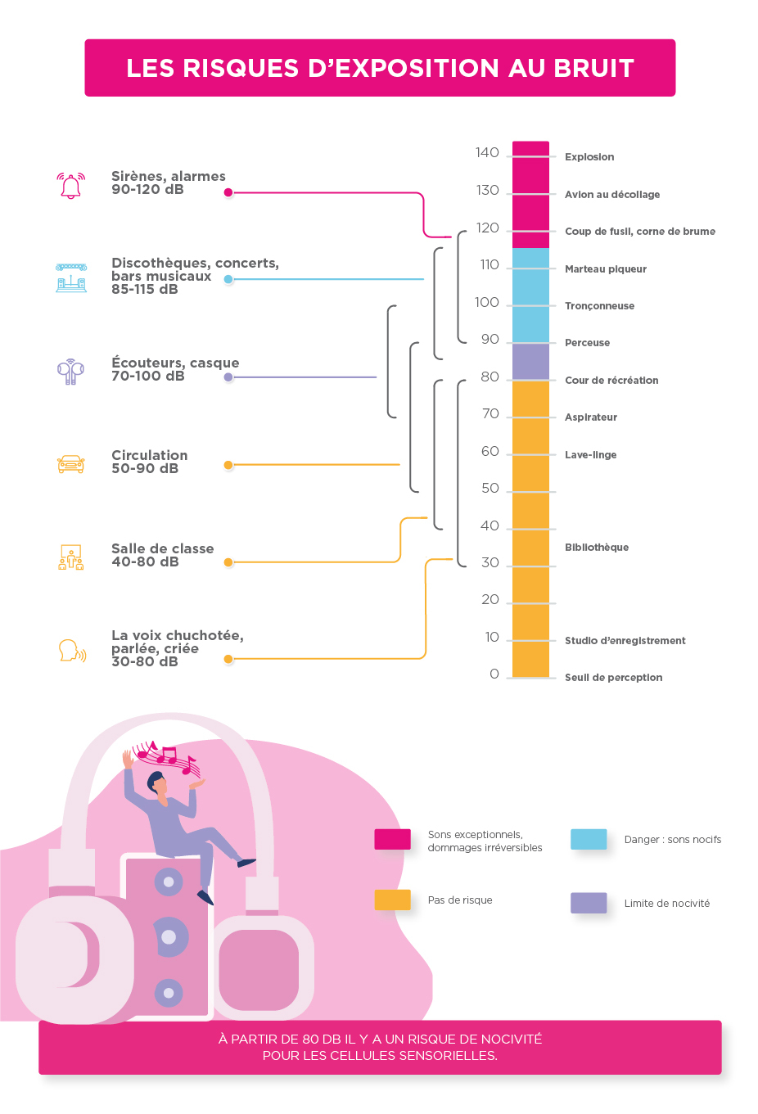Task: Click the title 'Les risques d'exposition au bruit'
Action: [x=380, y=68]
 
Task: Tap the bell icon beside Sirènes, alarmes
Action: [x=71, y=186]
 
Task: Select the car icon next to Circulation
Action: [x=71, y=464]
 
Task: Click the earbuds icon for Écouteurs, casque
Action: [x=71, y=371]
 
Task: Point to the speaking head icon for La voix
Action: [x=72, y=651]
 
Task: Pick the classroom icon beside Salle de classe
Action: [x=71, y=557]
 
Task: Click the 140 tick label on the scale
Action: [x=487, y=153]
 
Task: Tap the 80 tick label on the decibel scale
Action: [x=490, y=377]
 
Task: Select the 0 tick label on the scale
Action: [x=494, y=674]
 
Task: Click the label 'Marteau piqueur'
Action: [x=606, y=269]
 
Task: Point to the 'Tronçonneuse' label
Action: [x=599, y=306]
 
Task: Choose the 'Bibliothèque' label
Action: [x=597, y=548]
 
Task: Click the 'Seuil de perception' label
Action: [x=613, y=678]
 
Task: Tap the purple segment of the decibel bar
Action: [x=530, y=362]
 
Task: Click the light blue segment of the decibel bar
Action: [x=530, y=295]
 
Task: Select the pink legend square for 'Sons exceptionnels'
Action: [x=392, y=839]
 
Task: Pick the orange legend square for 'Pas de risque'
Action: [x=392, y=900]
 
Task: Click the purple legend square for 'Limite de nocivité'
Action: [x=589, y=903]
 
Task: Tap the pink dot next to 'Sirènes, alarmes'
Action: [x=228, y=193]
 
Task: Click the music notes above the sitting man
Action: [x=168, y=758]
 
